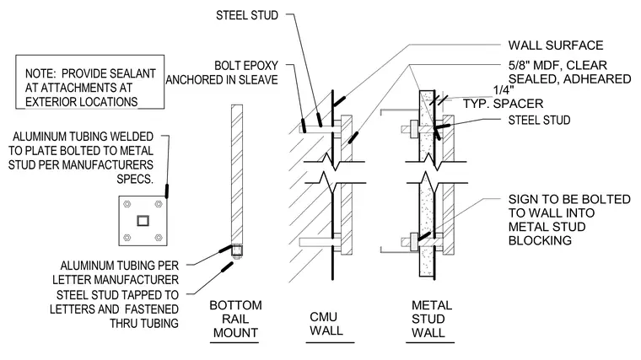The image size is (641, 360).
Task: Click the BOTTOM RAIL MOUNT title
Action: [235, 319]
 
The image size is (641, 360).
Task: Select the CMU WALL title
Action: [326, 324]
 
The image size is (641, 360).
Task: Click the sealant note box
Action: [90, 82]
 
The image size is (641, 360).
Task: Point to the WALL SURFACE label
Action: [556, 45]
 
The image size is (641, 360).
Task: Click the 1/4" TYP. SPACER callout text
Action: [504, 97]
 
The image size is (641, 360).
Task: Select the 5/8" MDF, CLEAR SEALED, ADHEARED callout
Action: [569, 72]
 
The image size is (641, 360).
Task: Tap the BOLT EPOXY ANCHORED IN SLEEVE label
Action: [222, 73]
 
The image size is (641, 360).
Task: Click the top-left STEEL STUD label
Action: [247, 15]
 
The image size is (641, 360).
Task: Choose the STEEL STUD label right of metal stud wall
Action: [539, 120]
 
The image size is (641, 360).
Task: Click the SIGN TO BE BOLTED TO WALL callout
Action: [569, 219]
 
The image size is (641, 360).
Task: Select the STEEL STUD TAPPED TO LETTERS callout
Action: [114, 309]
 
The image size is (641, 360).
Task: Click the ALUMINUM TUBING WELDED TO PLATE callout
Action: [81, 158]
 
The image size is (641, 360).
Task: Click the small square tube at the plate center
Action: [143, 221]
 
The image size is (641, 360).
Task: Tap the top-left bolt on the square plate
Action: [127, 204]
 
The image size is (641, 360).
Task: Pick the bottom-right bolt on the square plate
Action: [159, 238]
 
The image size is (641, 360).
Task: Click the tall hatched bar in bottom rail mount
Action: [237, 175]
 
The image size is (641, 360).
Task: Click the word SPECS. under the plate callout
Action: [135, 179]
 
